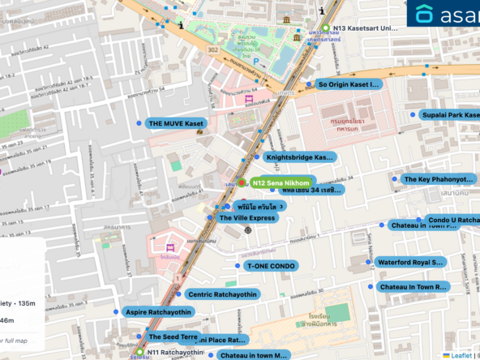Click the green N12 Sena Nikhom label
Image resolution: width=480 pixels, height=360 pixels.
(x=281, y=183)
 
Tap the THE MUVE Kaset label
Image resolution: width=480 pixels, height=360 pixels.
(x=176, y=123)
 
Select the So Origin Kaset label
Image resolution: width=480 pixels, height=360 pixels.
(x=348, y=84)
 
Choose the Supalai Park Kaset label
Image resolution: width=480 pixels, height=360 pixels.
(x=448, y=115)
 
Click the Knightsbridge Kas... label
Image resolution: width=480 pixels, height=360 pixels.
(x=299, y=156)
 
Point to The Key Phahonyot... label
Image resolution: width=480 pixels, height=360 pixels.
(x=438, y=178)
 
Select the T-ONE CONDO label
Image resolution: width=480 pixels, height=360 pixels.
(x=270, y=265)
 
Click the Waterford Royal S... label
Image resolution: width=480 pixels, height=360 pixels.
(x=410, y=262)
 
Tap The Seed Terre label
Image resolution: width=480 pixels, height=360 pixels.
(x=172, y=336)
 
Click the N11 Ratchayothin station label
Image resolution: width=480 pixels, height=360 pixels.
(x=175, y=353)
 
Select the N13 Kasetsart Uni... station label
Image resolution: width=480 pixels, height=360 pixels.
(x=366, y=28)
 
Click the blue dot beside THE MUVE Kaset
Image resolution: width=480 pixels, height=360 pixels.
(x=139, y=123)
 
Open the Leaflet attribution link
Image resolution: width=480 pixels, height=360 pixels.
(x=461, y=354)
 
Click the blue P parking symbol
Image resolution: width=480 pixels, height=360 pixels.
(x=256, y=61)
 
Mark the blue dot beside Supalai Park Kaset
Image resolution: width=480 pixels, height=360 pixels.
(x=412, y=115)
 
